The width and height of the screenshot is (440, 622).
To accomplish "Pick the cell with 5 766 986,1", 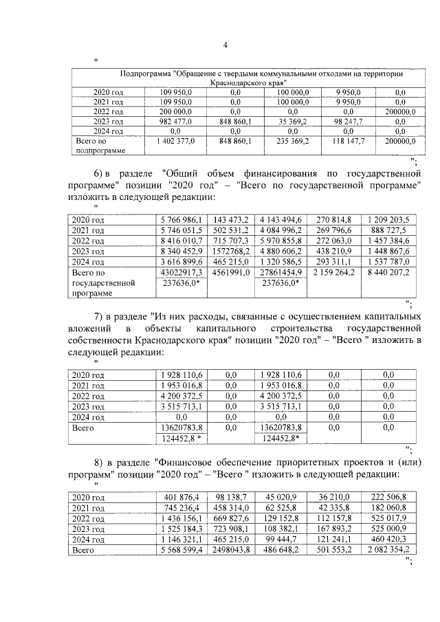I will click(x=181, y=220).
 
